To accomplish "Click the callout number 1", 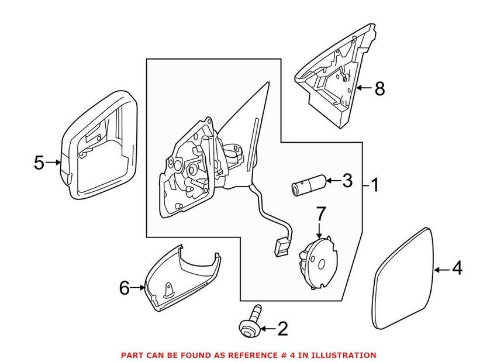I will pyautogui.click(x=374, y=186).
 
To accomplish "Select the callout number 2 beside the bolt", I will pyautogui.click(x=282, y=329).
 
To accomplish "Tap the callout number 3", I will pyautogui.click(x=347, y=181).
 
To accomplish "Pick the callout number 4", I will pyautogui.click(x=457, y=268).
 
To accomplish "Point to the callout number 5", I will pyautogui.click(x=39, y=162).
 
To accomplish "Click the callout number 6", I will pyautogui.click(x=123, y=287).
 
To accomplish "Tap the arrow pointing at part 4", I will pyautogui.click(x=441, y=269).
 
